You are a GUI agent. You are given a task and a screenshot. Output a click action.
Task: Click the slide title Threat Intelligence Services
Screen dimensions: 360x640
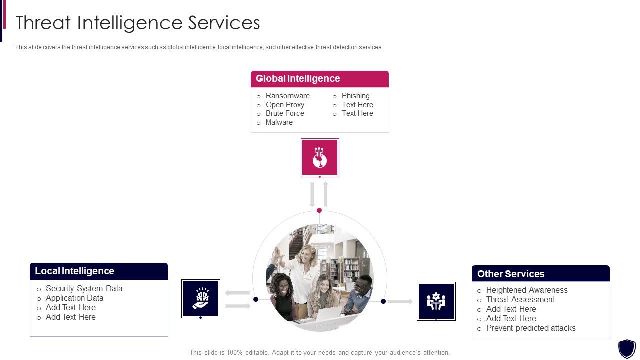(x=138, y=23)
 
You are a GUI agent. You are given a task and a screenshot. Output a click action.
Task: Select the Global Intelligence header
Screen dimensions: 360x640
(x=298, y=79)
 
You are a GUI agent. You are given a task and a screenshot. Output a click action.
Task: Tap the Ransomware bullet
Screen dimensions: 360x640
(x=287, y=96)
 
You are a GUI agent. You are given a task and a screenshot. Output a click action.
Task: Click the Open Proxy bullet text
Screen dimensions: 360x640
(x=285, y=105)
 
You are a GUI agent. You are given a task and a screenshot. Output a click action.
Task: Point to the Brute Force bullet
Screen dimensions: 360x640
(x=285, y=113)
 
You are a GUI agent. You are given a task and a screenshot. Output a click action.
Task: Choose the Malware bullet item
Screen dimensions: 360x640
(x=279, y=122)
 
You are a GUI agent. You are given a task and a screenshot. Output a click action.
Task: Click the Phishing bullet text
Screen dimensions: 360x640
(x=355, y=96)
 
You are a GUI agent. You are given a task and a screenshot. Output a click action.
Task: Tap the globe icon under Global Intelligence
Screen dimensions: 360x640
(x=320, y=157)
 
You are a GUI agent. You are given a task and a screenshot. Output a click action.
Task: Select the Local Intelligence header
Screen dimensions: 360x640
(x=75, y=271)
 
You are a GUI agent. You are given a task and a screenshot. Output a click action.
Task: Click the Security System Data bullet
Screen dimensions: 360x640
(x=84, y=288)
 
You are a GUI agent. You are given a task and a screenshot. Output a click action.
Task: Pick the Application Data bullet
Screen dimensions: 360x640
(x=74, y=298)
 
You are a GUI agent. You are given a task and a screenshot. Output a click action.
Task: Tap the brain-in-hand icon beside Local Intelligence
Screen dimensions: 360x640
(x=201, y=298)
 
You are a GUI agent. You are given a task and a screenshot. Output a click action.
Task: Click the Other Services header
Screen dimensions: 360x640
(x=511, y=274)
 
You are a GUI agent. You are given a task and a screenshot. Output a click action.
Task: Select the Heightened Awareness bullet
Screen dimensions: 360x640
(x=527, y=290)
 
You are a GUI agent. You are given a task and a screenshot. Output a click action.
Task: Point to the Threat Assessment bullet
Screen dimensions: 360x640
(x=520, y=299)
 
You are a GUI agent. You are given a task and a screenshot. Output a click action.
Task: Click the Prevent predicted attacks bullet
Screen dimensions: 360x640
(x=531, y=328)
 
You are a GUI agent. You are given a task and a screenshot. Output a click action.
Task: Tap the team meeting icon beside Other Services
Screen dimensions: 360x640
(x=436, y=301)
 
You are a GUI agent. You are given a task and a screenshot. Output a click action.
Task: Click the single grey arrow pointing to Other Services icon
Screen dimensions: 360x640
(x=400, y=301)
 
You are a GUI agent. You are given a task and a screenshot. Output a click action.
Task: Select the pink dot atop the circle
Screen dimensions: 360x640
(x=319, y=210)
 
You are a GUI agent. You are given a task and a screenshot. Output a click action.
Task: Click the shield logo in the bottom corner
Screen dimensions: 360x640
(x=627, y=348)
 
